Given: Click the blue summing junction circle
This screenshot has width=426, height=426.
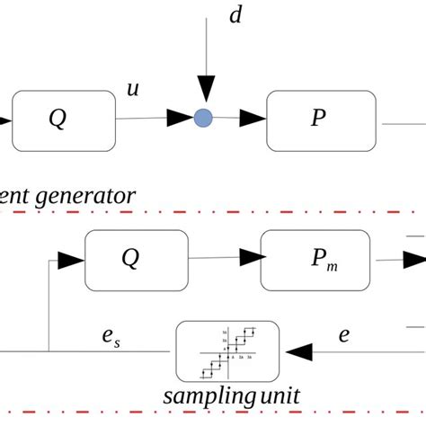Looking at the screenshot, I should coord(204,117).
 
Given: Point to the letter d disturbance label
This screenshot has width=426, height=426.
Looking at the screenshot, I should coord(235,17).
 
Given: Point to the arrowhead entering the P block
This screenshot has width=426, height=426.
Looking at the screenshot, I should coord(255,117).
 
